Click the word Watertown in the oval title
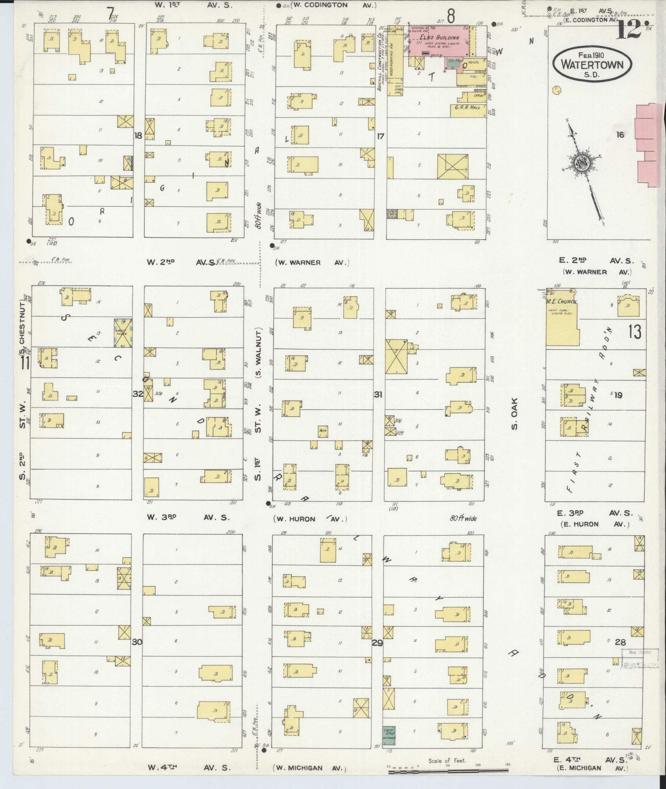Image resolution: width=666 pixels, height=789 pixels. pos(592,65)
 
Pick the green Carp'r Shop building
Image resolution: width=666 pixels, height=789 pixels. pos(389,735)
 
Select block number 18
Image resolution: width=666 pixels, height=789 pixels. pos(138,136)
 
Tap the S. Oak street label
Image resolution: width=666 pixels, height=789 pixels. pos(514,414)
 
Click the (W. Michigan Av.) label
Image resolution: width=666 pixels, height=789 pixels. pos(310,768)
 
